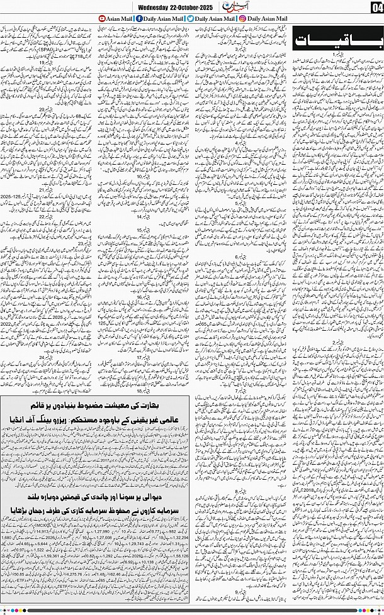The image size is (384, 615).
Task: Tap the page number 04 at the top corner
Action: pos(376,6)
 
